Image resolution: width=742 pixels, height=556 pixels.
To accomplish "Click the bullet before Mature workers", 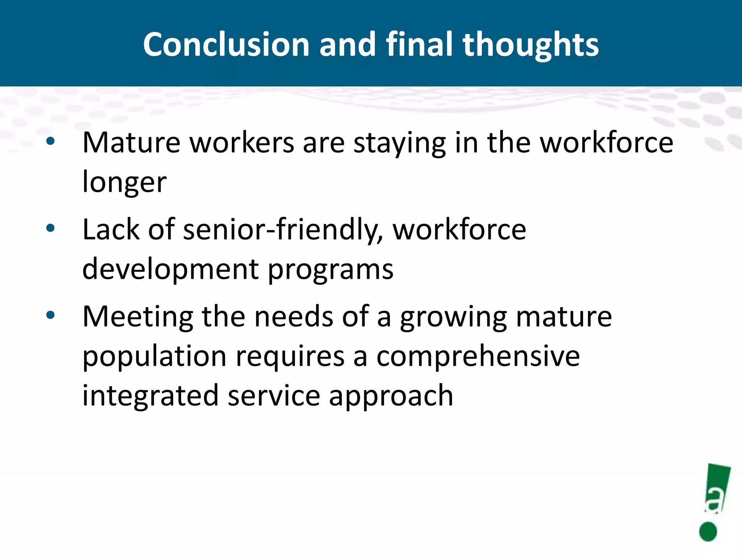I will pyautogui.click(x=50, y=141).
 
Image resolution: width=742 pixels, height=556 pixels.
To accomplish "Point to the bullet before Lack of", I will pyautogui.click(x=50, y=228).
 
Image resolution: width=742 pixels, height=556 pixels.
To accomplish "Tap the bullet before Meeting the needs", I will pyautogui.click(x=50, y=315).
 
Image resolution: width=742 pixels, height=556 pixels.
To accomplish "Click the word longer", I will pyautogui.click(x=124, y=182).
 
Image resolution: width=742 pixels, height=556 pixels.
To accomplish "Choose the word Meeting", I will pyautogui.click(x=138, y=317).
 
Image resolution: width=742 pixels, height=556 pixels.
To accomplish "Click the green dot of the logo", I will pyautogui.click(x=708, y=531).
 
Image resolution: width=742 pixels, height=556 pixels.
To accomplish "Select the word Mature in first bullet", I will pyautogui.click(x=131, y=143).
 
